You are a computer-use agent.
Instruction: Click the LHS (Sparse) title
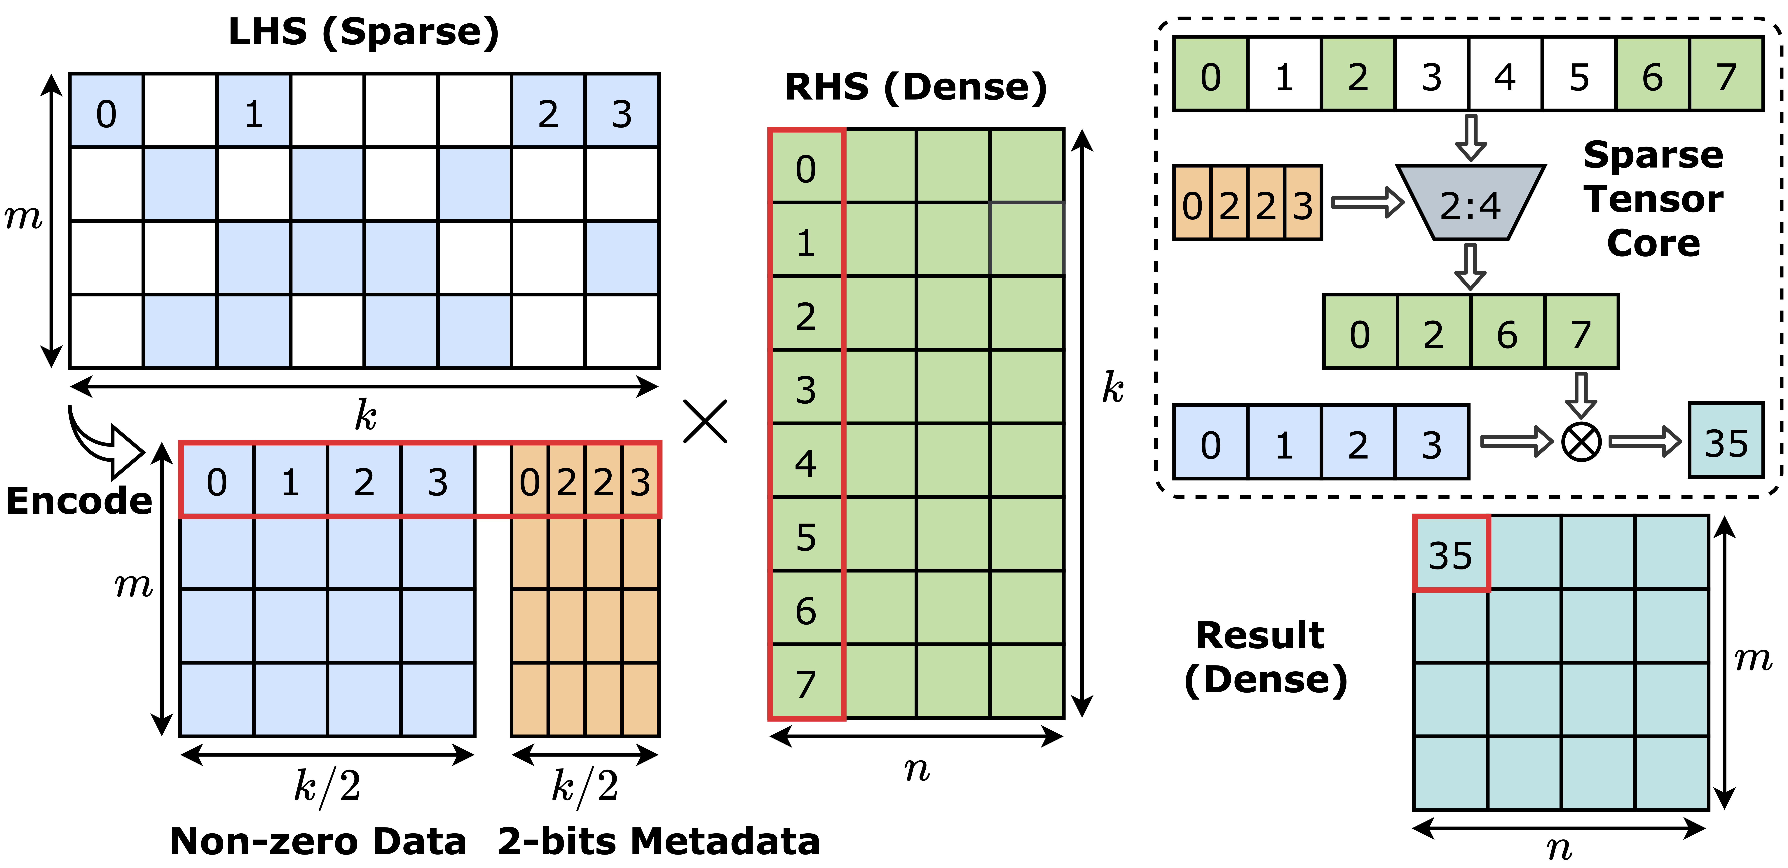364,32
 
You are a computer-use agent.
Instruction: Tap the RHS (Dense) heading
915,88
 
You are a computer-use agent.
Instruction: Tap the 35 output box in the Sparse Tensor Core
1726,442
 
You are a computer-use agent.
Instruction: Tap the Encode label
79,501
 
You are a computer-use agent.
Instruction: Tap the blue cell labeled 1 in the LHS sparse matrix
253,112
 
